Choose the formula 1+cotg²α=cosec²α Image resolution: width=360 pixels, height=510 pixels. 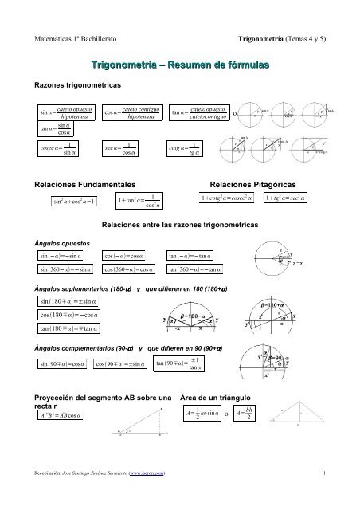click(x=238, y=197)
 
